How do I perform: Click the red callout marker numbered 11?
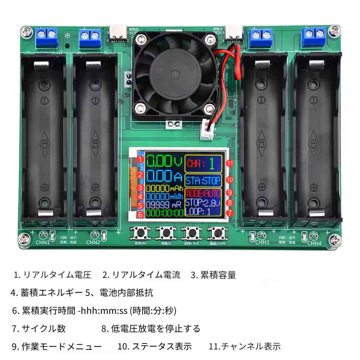[230, 162]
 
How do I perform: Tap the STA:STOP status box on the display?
[203, 181]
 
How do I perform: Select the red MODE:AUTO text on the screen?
[202, 193]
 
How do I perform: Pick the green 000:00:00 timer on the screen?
[165, 213]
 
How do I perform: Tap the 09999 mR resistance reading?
[163, 205]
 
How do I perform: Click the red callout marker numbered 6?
[140, 215]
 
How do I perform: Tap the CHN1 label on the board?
[43, 243]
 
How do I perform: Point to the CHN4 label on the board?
[314, 243]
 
